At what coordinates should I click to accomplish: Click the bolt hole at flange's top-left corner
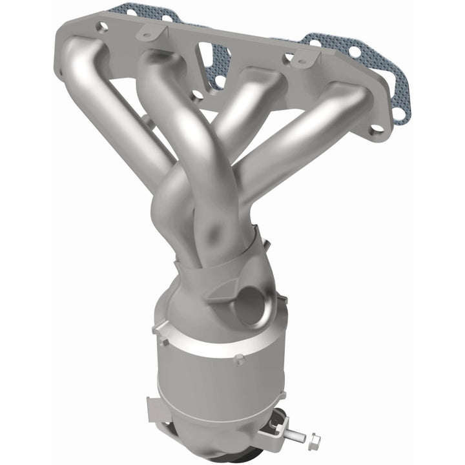(x=101, y=26)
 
